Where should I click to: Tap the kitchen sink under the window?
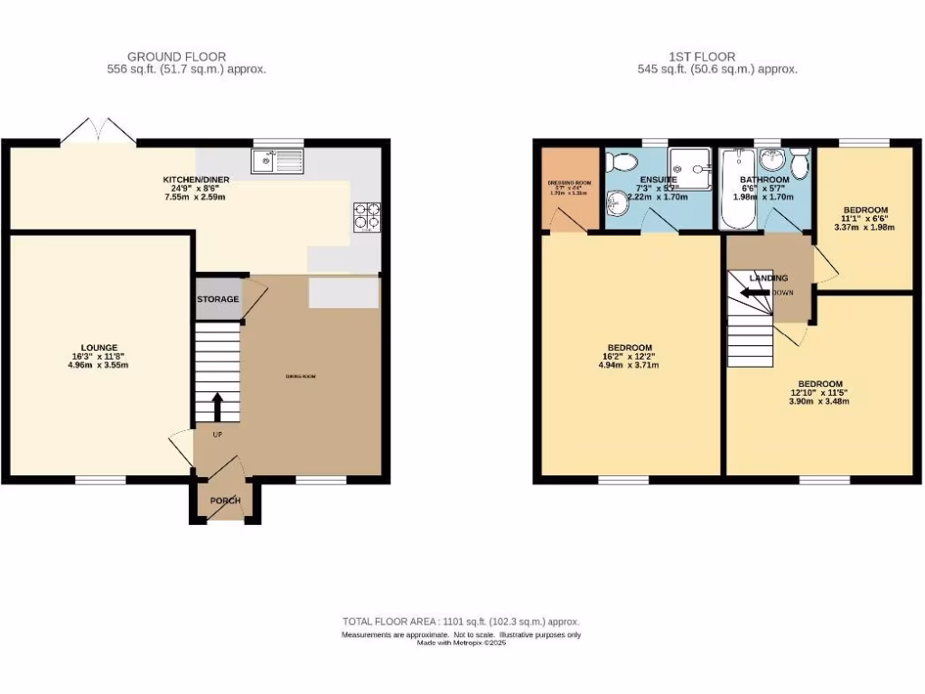tap(279, 162)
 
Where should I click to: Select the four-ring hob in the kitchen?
tap(367, 217)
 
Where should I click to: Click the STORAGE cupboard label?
tap(219, 299)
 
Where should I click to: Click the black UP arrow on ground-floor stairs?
tap(218, 407)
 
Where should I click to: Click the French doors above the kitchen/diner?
tap(106, 131)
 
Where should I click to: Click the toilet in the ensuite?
tap(621, 162)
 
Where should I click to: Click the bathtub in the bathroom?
tap(733, 190)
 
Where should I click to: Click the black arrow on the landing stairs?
tap(753, 292)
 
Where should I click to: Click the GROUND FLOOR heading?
tap(177, 57)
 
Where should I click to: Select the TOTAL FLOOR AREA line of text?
tap(461, 622)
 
